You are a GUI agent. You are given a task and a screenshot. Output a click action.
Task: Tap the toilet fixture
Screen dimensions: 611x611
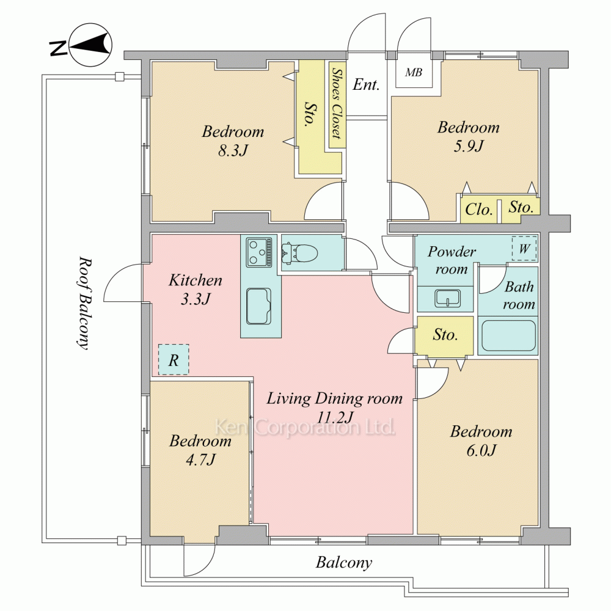pos(300,253)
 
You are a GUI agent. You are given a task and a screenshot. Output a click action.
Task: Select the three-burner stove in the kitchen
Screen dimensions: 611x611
pos(259,252)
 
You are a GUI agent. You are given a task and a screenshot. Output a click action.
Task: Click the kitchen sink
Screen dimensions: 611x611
pos(259,306)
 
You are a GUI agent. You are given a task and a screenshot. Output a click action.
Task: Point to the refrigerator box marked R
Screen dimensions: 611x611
pos(174,360)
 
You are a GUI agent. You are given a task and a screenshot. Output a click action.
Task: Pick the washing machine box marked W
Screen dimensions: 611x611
pos(524,248)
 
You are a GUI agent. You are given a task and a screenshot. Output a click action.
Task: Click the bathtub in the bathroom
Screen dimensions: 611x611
pos(508,335)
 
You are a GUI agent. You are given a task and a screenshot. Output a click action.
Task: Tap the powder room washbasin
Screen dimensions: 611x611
pos(447,298)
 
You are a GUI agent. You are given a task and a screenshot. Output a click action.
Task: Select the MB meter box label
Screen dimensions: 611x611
pos(414,73)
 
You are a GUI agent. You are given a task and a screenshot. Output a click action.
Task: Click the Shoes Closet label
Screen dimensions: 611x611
pos(337,103)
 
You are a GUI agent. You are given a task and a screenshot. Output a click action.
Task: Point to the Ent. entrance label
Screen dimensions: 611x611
pos(366,84)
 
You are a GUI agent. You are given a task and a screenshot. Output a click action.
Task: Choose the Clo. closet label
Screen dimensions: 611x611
pos(479,210)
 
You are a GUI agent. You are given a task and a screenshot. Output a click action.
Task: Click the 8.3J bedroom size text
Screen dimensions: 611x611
pos(233,150)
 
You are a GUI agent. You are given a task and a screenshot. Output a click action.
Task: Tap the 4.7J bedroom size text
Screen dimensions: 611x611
pos(200,460)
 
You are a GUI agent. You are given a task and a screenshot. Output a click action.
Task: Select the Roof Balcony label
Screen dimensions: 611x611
pos(84,303)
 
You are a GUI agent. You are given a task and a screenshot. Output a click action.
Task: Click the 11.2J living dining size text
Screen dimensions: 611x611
pos(335,417)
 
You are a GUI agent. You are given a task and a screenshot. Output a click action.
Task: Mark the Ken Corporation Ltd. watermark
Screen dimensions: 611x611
pos(305,427)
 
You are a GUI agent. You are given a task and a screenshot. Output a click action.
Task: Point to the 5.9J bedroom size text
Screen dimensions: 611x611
pos(469,146)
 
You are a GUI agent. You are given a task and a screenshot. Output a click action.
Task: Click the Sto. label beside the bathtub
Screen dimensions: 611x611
pos(445,335)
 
